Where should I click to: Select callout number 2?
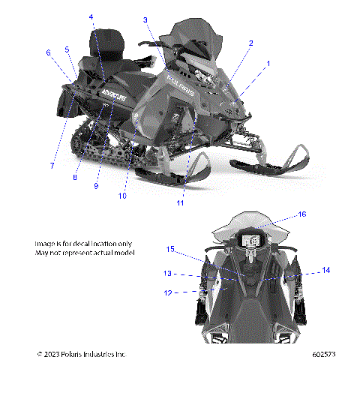tap(250, 43)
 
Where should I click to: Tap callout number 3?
tap(145, 19)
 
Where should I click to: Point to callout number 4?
tap(91, 16)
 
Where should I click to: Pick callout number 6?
tap(49, 52)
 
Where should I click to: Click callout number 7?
tap(52, 165)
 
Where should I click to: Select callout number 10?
tap(123, 196)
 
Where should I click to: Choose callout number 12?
tap(167, 293)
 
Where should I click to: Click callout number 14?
tap(326, 269)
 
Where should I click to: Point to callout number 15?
tap(170, 249)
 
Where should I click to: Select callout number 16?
tap(302, 214)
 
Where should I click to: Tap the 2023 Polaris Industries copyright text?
tap(81, 354)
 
